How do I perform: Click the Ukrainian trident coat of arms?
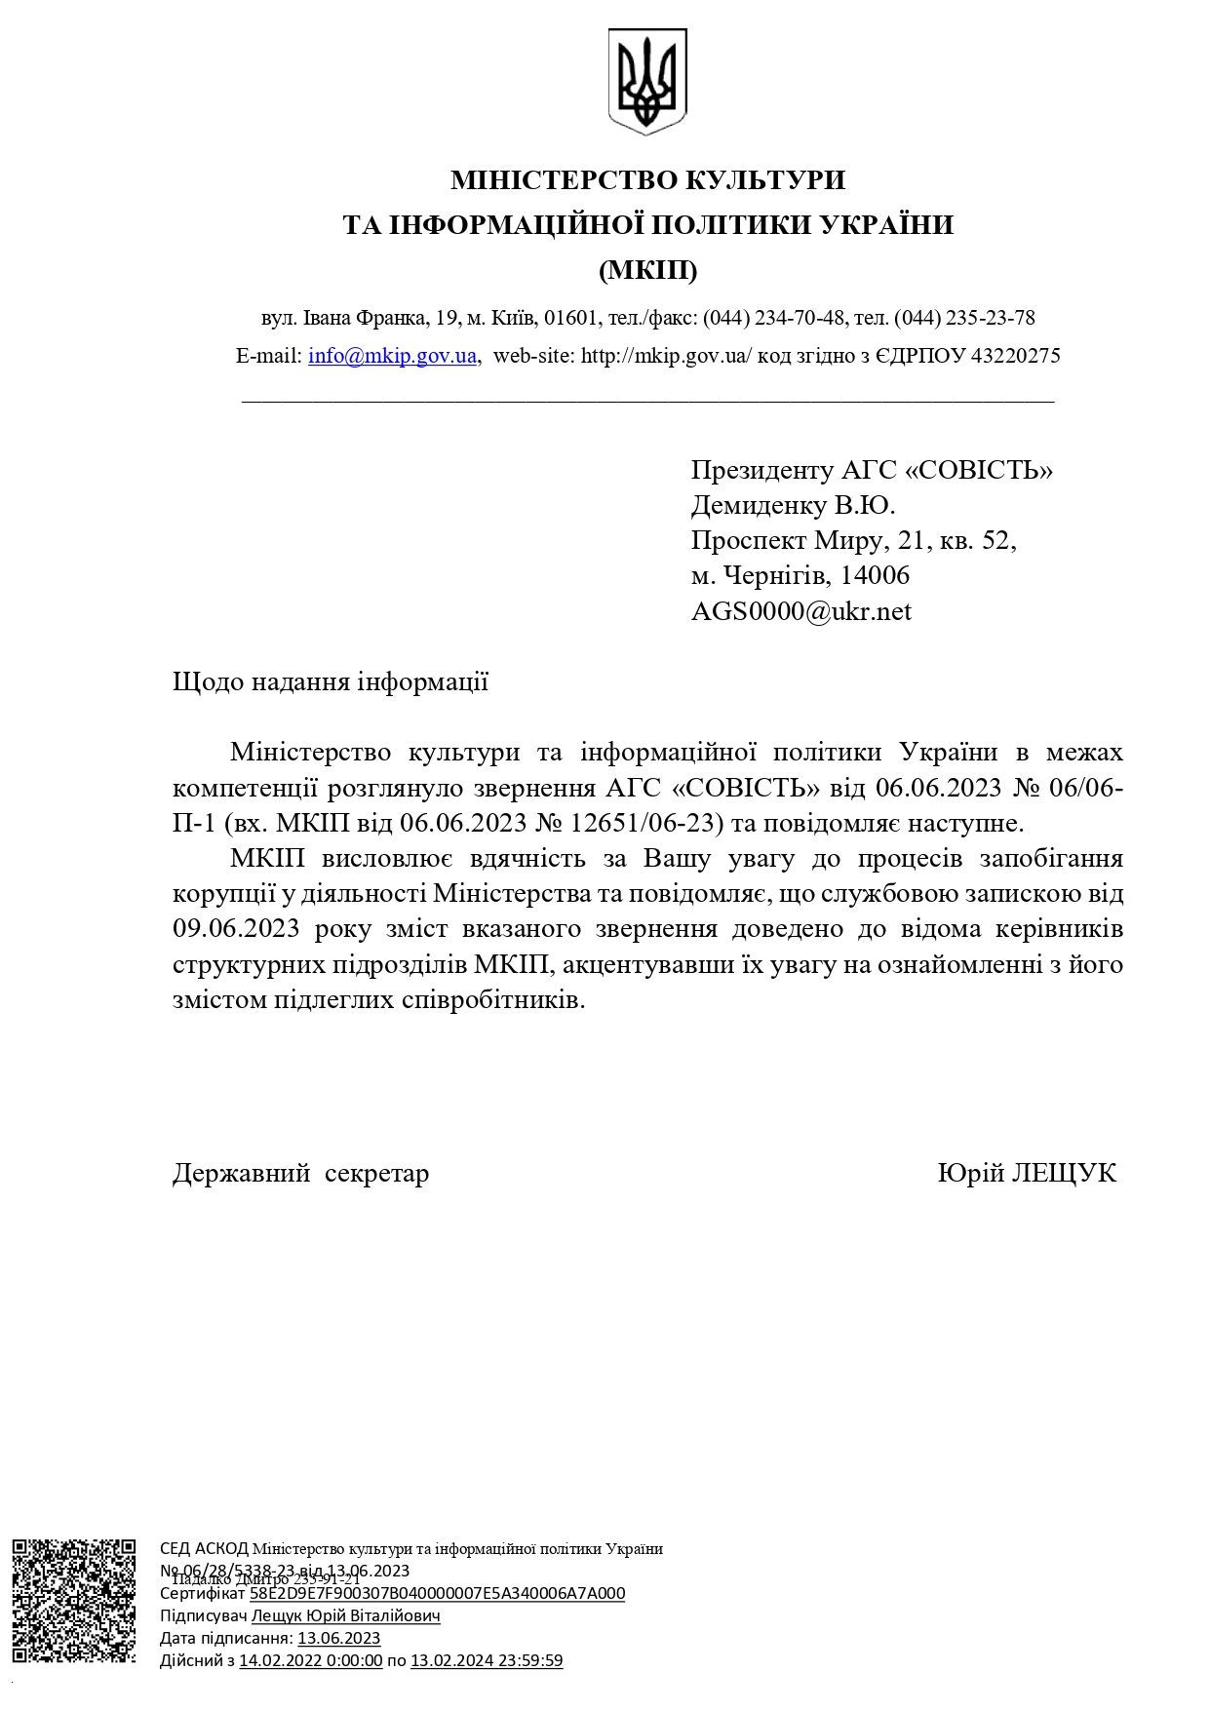pyautogui.click(x=647, y=81)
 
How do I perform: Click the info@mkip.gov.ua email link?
pyautogui.click(x=392, y=356)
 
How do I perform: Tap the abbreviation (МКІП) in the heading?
pyautogui.click(x=647, y=270)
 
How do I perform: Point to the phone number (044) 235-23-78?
pyautogui.click(x=964, y=318)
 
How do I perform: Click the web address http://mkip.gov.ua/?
pyautogui.click(x=666, y=356)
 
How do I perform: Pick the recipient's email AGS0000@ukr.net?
pyautogui.click(x=800, y=612)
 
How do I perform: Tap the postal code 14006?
pyautogui.click(x=875, y=576)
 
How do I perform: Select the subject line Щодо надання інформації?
pyautogui.click(x=330, y=682)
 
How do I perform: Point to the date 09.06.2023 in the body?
pyautogui.click(x=236, y=929)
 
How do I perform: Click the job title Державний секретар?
pyautogui.click(x=300, y=1174)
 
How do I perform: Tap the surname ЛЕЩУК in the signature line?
pyautogui.click(x=1064, y=1174)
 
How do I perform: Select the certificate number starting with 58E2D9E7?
pyautogui.click(x=437, y=1593)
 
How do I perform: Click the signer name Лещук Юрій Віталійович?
pyautogui.click(x=345, y=1615)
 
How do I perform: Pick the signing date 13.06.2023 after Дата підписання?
pyautogui.click(x=338, y=1638)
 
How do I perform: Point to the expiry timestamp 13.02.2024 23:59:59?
pyautogui.click(x=486, y=1660)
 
